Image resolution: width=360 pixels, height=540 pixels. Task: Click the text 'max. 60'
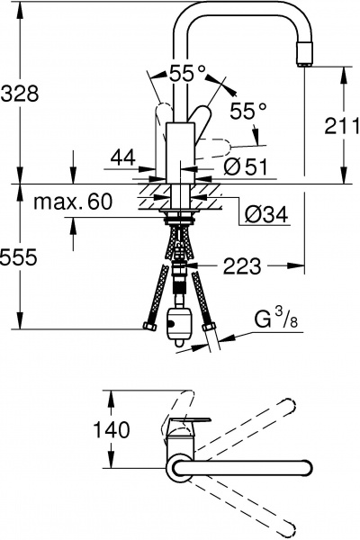coord(73,202)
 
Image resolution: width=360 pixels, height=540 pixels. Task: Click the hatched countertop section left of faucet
coord(150,194)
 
